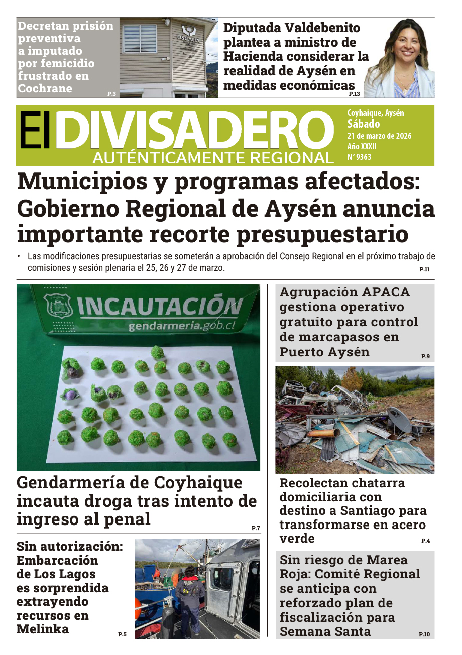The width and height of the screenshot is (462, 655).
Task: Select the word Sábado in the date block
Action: [364, 124]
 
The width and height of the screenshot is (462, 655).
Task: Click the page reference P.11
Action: [424, 270]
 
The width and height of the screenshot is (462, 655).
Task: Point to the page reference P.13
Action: [354, 94]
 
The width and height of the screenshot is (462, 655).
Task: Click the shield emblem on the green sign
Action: [58, 307]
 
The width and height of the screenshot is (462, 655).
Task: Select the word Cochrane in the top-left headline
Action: [45, 89]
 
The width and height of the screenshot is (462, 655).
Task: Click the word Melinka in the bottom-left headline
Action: [43, 629]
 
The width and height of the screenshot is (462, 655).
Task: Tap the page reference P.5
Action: [122, 634]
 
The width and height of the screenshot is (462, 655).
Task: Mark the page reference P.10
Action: [424, 634]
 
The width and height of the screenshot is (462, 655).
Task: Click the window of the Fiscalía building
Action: [140, 38]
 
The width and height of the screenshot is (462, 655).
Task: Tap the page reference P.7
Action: [256, 528]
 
